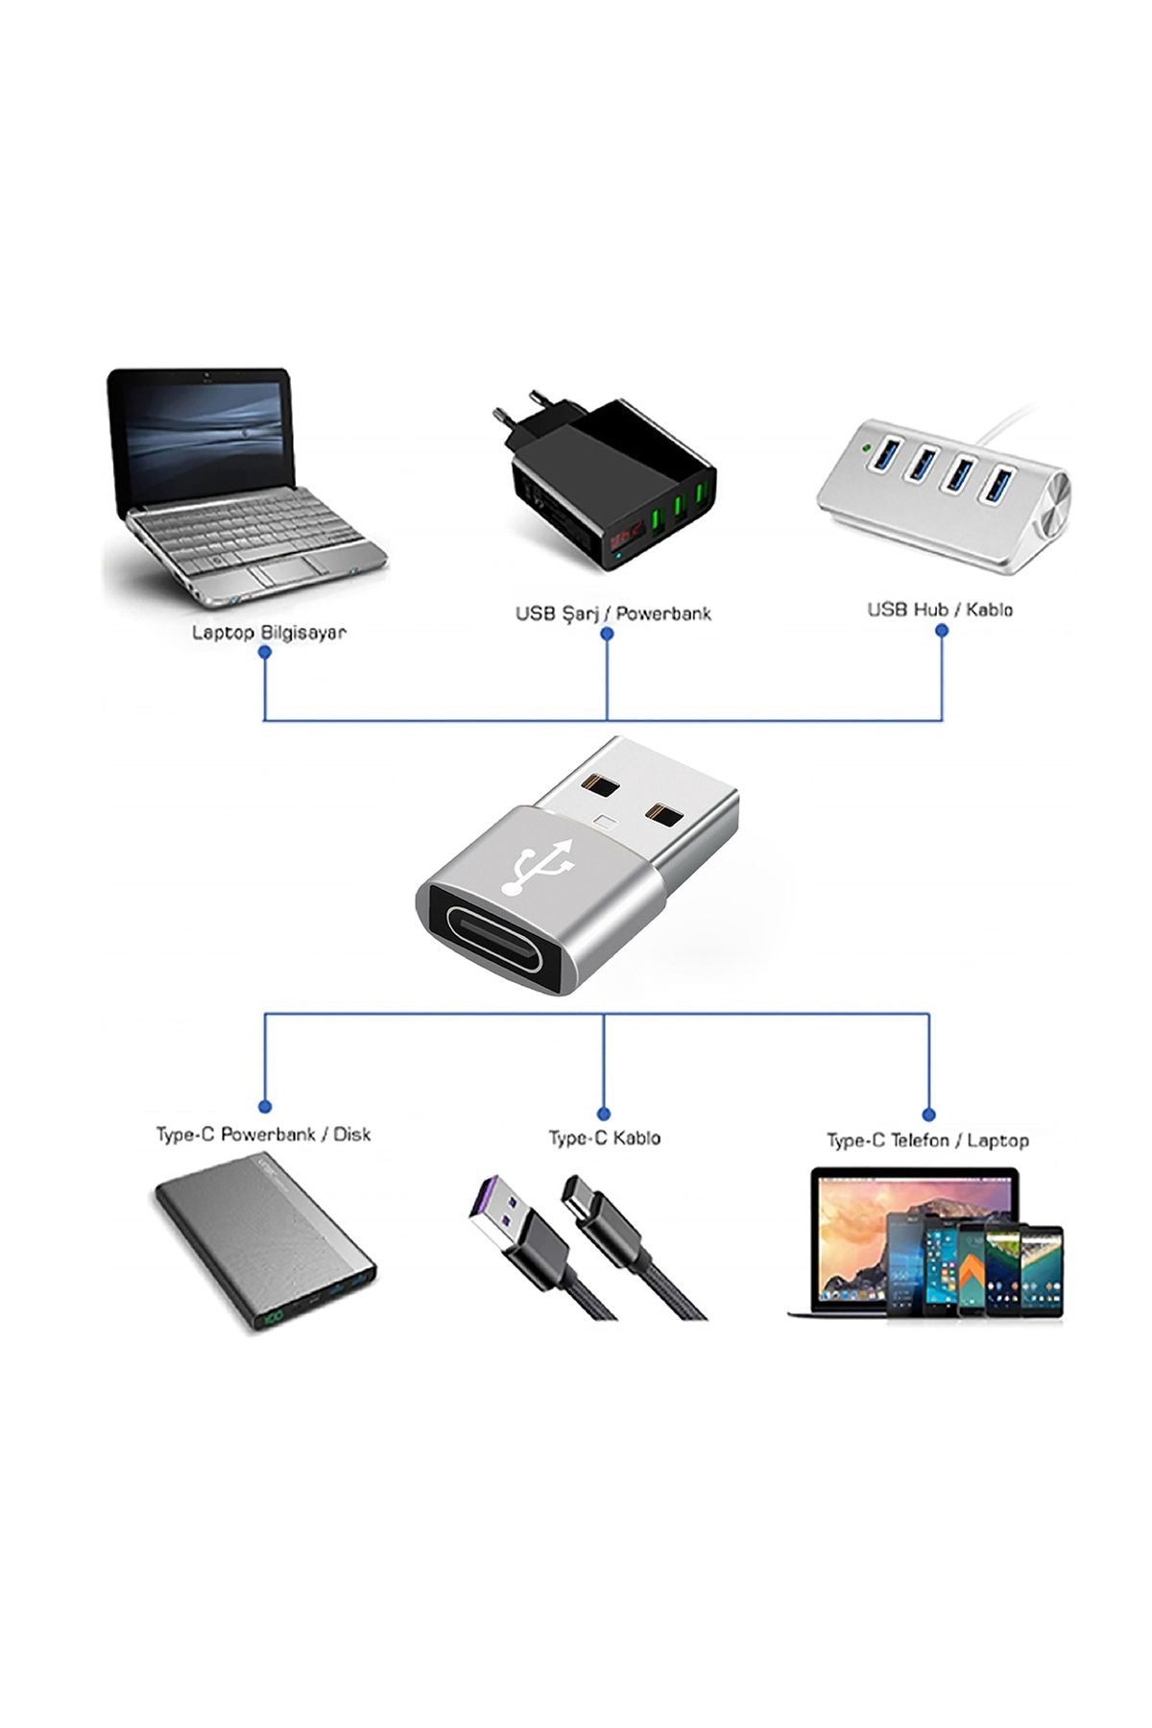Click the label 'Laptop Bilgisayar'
point(269,633)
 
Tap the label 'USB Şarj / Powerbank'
point(612,613)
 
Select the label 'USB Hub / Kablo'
point(940,610)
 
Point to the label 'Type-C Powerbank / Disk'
point(263,1134)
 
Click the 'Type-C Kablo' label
point(604,1138)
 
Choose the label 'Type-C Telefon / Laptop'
point(927,1140)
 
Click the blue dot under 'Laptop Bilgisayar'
point(265,652)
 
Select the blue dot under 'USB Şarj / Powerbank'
point(607,634)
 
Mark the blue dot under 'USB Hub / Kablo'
point(942,630)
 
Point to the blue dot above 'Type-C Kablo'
point(604,1114)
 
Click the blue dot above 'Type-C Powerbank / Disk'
point(265,1107)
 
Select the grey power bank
point(264,1252)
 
